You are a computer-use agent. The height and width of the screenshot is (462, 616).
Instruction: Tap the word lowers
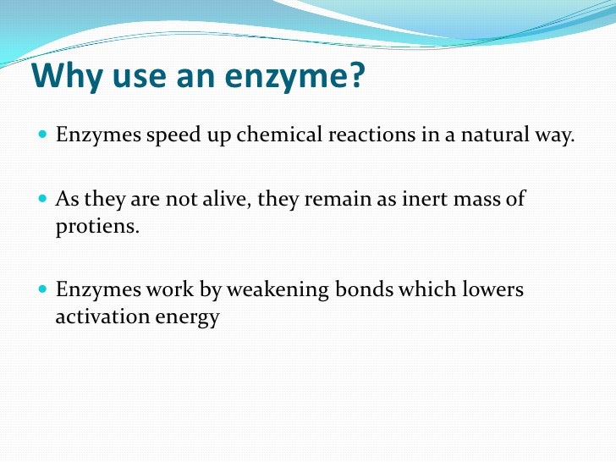(492, 290)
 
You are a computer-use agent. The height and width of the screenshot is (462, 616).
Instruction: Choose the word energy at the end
(188, 319)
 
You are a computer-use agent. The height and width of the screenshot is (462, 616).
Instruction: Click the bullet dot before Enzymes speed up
(42, 135)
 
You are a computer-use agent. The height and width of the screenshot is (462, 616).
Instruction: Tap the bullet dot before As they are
(42, 200)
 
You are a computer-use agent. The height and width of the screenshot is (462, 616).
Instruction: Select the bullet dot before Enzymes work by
(42, 290)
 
